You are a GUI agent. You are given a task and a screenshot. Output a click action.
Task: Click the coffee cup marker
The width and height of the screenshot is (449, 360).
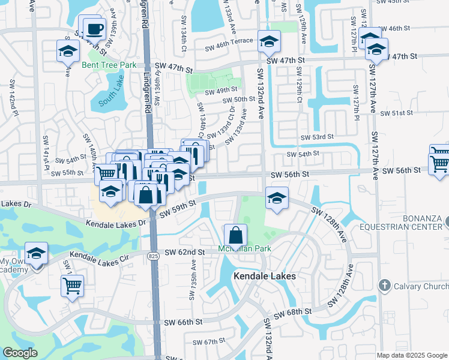coord(95,28)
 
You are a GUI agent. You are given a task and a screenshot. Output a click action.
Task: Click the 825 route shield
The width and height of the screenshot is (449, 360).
coord(155,254)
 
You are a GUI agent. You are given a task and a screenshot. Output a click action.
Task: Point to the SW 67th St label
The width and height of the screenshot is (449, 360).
coord(209,341)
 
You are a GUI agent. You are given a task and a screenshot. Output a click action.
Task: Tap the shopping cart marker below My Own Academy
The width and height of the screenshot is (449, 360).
coord(72,286)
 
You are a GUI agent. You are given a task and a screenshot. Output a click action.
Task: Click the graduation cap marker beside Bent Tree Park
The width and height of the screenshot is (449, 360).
coord(68,50)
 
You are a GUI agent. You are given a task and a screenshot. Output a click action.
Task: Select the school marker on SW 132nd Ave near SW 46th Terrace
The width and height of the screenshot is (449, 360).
coord(269,43)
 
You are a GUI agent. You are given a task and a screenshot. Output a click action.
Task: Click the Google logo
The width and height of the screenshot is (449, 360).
coord(20,353)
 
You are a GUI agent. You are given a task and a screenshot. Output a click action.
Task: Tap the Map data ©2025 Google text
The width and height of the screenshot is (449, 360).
coord(411,355)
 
